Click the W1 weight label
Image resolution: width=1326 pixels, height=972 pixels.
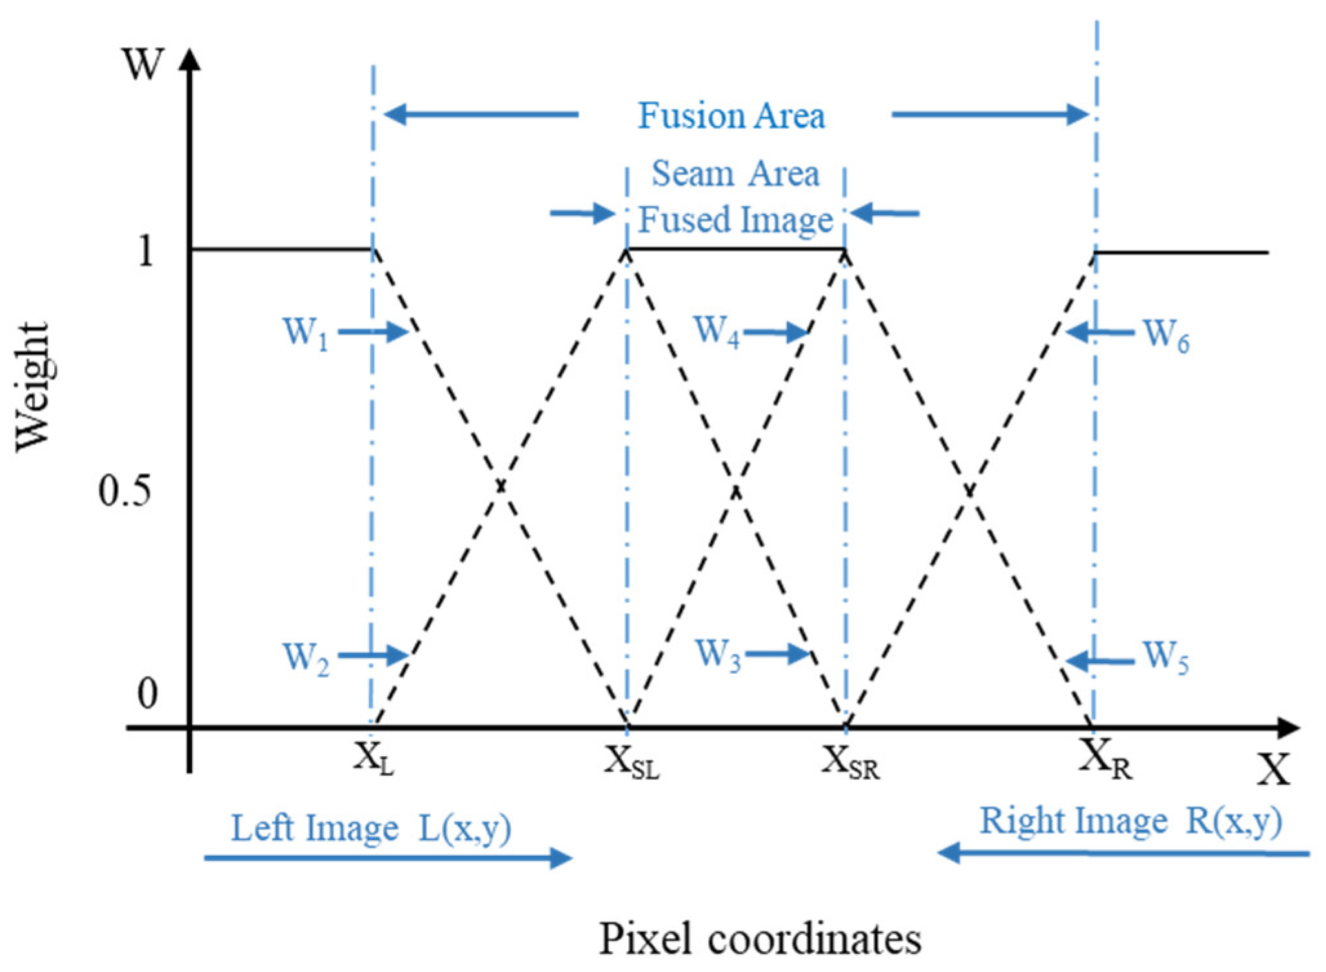pyautogui.click(x=306, y=334)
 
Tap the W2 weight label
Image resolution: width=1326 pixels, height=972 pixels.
pyautogui.click(x=306, y=658)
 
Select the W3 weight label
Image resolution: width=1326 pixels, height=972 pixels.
pyautogui.click(x=718, y=654)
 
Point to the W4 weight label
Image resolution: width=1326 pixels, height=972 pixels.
pyautogui.click(x=717, y=332)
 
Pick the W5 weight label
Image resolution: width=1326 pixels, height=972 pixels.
pyautogui.click(x=1165, y=657)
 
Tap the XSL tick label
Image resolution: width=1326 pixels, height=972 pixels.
pyautogui.click(x=631, y=762)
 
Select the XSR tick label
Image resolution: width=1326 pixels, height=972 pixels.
pyautogui.click(x=850, y=762)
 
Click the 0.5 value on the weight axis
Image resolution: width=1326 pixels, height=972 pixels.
pyautogui.click(x=125, y=491)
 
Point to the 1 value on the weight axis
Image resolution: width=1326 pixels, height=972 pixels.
pyautogui.click(x=146, y=250)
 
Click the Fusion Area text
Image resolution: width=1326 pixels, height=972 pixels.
pyautogui.click(x=731, y=116)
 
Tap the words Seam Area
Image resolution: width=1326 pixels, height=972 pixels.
pyautogui.click(x=735, y=174)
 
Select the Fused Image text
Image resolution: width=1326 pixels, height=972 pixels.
pyautogui.click(x=735, y=219)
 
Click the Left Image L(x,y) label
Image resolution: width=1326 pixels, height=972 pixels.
pyautogui.click(x=371, y=828)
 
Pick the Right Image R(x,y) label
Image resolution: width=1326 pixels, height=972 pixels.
pyautogui.click(x=1131, y=821)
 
